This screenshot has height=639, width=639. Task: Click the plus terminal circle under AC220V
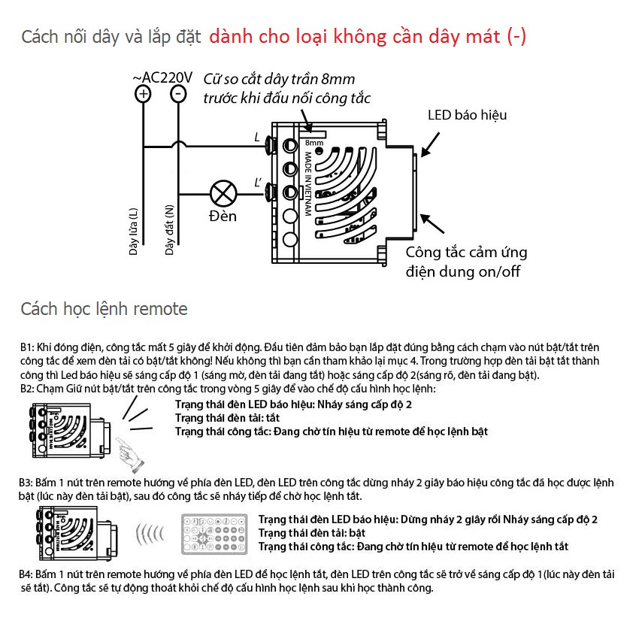143,95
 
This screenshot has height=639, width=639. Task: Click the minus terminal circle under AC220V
178,95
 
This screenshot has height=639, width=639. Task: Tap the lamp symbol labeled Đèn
223,193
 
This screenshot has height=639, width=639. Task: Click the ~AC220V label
162,77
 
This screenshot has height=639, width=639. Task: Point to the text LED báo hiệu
467,115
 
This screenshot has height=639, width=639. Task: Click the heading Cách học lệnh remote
104,309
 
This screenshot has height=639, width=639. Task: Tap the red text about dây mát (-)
368,37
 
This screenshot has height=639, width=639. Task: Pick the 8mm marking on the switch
313,142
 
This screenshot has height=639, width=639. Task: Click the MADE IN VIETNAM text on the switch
308,183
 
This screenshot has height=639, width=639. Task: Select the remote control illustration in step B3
216,531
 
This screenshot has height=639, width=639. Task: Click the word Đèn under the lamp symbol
223,217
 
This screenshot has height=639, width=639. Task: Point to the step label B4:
28,574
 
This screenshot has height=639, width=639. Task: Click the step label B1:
28,348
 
